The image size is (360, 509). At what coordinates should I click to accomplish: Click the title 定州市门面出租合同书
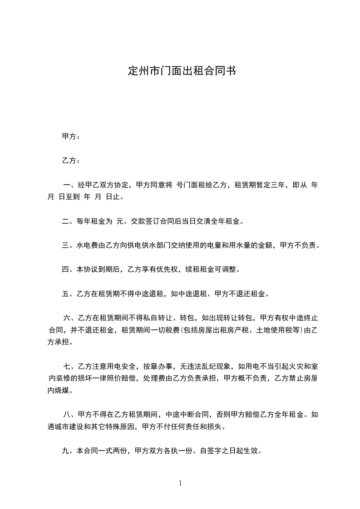tap(181, 71)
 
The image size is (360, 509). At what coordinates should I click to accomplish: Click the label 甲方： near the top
tap(71, 136)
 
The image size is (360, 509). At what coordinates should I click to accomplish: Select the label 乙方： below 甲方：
tap(71, 161)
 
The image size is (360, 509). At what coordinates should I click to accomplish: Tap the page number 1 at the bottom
tap(180, 483)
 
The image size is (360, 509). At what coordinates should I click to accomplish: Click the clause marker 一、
tap(70, 185)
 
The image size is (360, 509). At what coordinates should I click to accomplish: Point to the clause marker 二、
tap(69, 222)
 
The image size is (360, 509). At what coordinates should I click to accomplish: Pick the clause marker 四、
tap(69, 269)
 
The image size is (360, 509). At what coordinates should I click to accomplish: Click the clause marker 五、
tap(69, 294)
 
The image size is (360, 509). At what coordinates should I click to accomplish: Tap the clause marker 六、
tap(70, 318)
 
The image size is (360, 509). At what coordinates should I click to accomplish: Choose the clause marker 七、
tap(70, 366)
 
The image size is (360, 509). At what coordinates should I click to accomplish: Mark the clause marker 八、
tap(70, 414)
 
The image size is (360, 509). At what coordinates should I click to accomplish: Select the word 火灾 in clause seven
tap(290, 366)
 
